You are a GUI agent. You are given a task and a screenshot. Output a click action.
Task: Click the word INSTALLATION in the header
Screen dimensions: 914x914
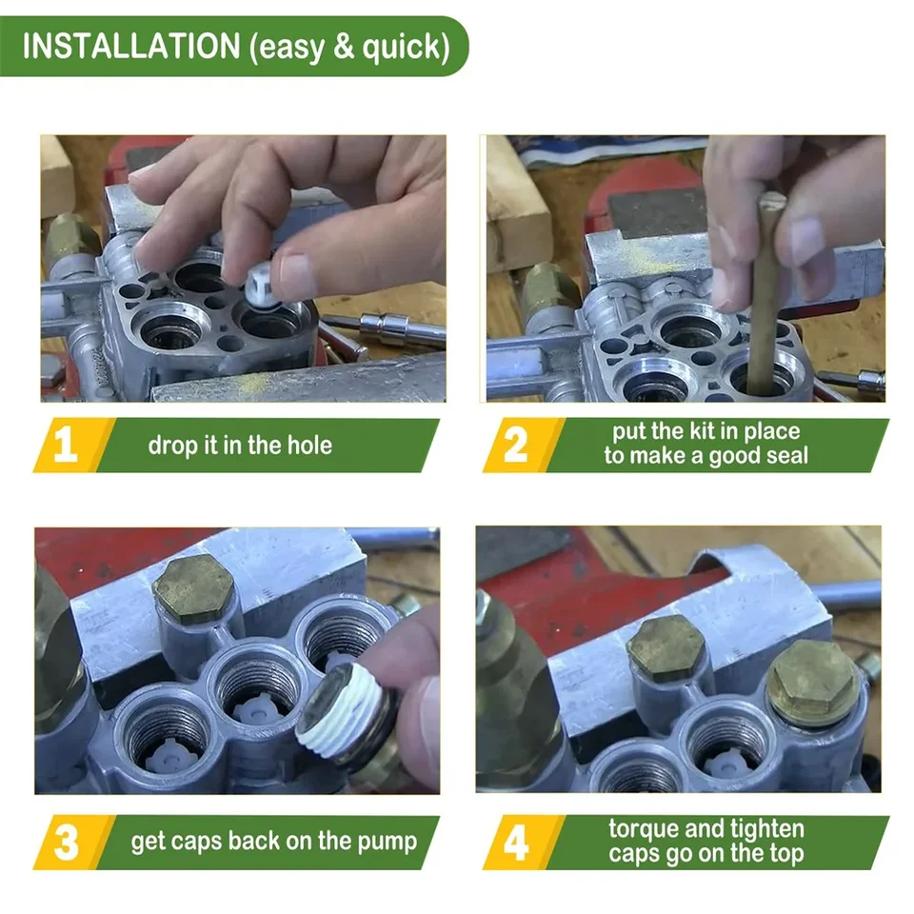[131, 46]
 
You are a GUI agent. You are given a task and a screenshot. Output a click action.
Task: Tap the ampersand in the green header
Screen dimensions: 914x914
[344, 47]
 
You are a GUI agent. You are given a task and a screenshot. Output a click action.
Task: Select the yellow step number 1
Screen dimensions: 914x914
[66, 445]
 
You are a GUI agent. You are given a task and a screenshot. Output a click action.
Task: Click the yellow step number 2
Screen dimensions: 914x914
[515, 445]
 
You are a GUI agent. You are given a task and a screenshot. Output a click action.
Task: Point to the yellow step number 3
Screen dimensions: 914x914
[66, 843]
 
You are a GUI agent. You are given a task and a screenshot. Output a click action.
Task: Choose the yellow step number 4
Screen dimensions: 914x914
[516, 843]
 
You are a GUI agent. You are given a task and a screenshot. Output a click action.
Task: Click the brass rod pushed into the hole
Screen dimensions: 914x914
[763, 291]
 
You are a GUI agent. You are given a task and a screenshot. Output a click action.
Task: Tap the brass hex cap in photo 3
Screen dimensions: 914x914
[193, 589]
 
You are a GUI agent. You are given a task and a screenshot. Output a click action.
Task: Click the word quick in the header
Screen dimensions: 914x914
[402, 48]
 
